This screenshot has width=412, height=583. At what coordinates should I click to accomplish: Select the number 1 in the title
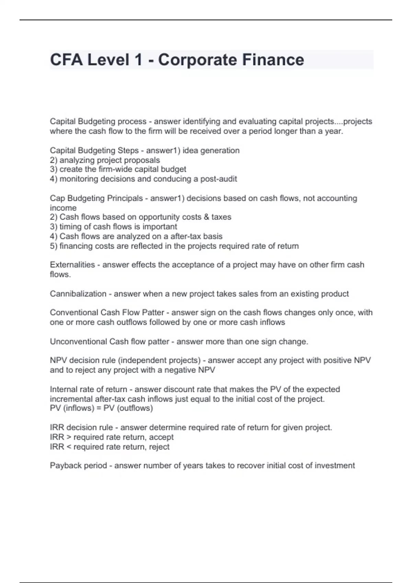pyautogui.click(x=139, y=60)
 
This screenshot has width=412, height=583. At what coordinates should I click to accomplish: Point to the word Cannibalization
pyautogui.click(x=78, y=294)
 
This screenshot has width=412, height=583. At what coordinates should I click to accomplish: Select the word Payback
pyautogui.click(x=64, y=465)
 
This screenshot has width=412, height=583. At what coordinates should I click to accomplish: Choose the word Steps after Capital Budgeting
pyautogui.click(x=128, y=151)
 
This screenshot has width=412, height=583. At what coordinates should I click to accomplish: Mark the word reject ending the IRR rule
pyautogui.click(x=159, y=447)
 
